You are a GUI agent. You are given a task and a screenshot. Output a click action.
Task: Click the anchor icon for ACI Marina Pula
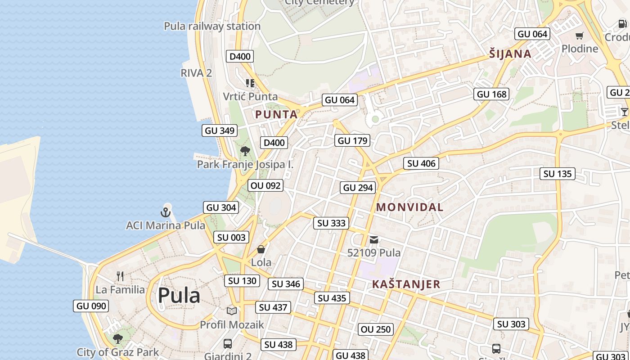[166, 211]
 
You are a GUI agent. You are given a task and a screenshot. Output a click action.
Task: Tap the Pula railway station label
[212, 26]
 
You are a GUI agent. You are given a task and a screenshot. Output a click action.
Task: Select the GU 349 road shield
[220, 130]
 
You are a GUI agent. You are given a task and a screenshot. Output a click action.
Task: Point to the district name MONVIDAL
[409, 207]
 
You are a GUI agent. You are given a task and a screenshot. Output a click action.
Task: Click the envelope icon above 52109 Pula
[374, 240]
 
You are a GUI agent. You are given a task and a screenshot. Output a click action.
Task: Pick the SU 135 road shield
[557, 174]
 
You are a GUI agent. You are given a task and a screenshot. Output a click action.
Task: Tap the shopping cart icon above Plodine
[580, 36]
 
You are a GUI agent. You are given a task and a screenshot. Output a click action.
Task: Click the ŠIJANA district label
[510, 54]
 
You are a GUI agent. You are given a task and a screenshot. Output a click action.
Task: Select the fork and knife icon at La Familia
[120, 276]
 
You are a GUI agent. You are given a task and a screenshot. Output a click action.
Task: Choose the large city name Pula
[179, 296]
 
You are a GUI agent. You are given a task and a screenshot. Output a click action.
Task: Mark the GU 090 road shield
[91, 306]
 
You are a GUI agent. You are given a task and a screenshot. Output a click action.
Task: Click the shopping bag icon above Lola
[261, 249]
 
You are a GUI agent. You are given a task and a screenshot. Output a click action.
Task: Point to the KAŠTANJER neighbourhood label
[406, 284]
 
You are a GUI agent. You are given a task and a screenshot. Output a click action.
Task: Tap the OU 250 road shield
[376, 329]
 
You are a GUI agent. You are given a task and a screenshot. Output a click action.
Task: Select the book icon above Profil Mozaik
[232, 311]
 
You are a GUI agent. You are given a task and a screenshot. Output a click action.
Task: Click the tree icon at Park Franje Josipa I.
[245, 151]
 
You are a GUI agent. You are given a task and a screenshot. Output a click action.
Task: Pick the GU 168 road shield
[492, 94]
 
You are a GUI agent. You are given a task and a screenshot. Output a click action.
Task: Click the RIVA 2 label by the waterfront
[196, 73]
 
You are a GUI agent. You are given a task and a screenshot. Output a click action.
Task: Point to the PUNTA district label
[276, 115]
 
